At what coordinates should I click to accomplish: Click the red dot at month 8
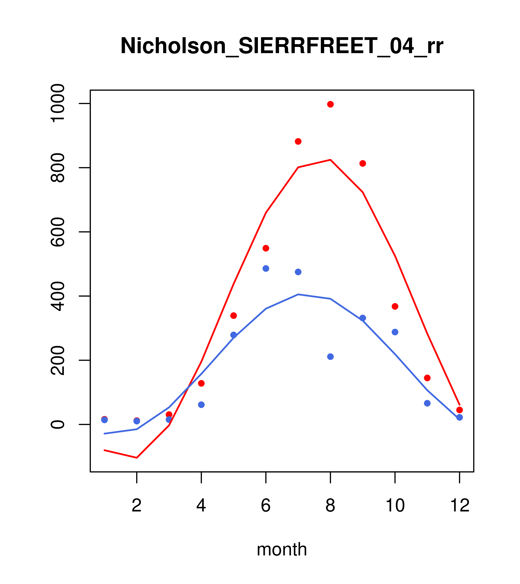coord(330,104)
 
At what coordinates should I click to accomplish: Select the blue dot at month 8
coord(330,356)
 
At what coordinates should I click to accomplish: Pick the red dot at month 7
coord(298,141)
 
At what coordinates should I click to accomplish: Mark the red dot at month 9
coord(363,163)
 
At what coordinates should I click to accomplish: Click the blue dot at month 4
coord(201,405)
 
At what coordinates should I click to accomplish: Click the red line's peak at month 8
coord(330,160)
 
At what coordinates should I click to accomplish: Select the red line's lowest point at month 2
coord(137,458)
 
